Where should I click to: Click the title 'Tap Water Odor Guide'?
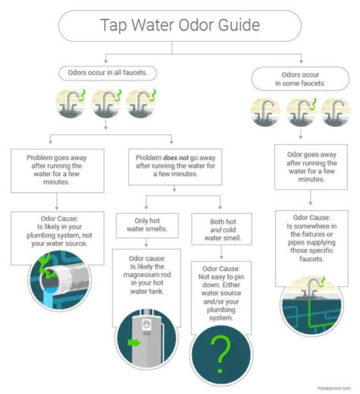(180, 25)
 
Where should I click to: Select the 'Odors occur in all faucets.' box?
(108, 73)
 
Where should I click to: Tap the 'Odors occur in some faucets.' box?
(301, 79)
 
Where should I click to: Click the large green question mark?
(220, 355)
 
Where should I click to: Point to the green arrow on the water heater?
(134, 343)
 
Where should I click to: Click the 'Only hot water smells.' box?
(147, 225)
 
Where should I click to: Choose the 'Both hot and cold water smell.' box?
(222, 229)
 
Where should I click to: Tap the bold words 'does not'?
(175, 158)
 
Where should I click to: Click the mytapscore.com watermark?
(334, 388)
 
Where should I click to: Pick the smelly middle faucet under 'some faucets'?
(301, 112)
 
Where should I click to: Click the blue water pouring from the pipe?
(50, 298)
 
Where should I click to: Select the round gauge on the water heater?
(147, 323)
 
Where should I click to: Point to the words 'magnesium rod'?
(147, 275)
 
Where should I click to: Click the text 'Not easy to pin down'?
(221, 281)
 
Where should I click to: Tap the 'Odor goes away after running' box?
(311, 167)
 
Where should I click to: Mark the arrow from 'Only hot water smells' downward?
(146, 242)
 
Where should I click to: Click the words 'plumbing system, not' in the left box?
(59, 235)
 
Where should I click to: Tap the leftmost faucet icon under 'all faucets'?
(71, 103)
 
